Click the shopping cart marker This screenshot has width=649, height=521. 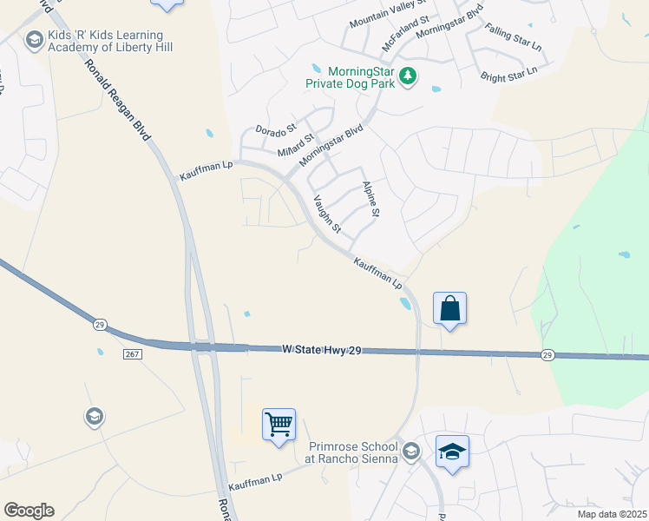coord(279,425)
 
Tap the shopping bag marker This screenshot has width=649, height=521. coord(450,308)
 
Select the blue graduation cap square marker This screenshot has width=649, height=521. coord(452,452)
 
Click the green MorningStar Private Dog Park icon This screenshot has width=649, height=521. coord(408,78)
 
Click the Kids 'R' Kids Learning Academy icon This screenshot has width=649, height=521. coord(35,39)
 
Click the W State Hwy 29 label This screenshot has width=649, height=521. coord(321,349)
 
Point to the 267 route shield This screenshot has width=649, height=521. coord(133,354)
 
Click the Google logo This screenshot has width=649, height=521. coord(29,511)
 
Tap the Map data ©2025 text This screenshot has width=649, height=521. coord(612,514)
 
